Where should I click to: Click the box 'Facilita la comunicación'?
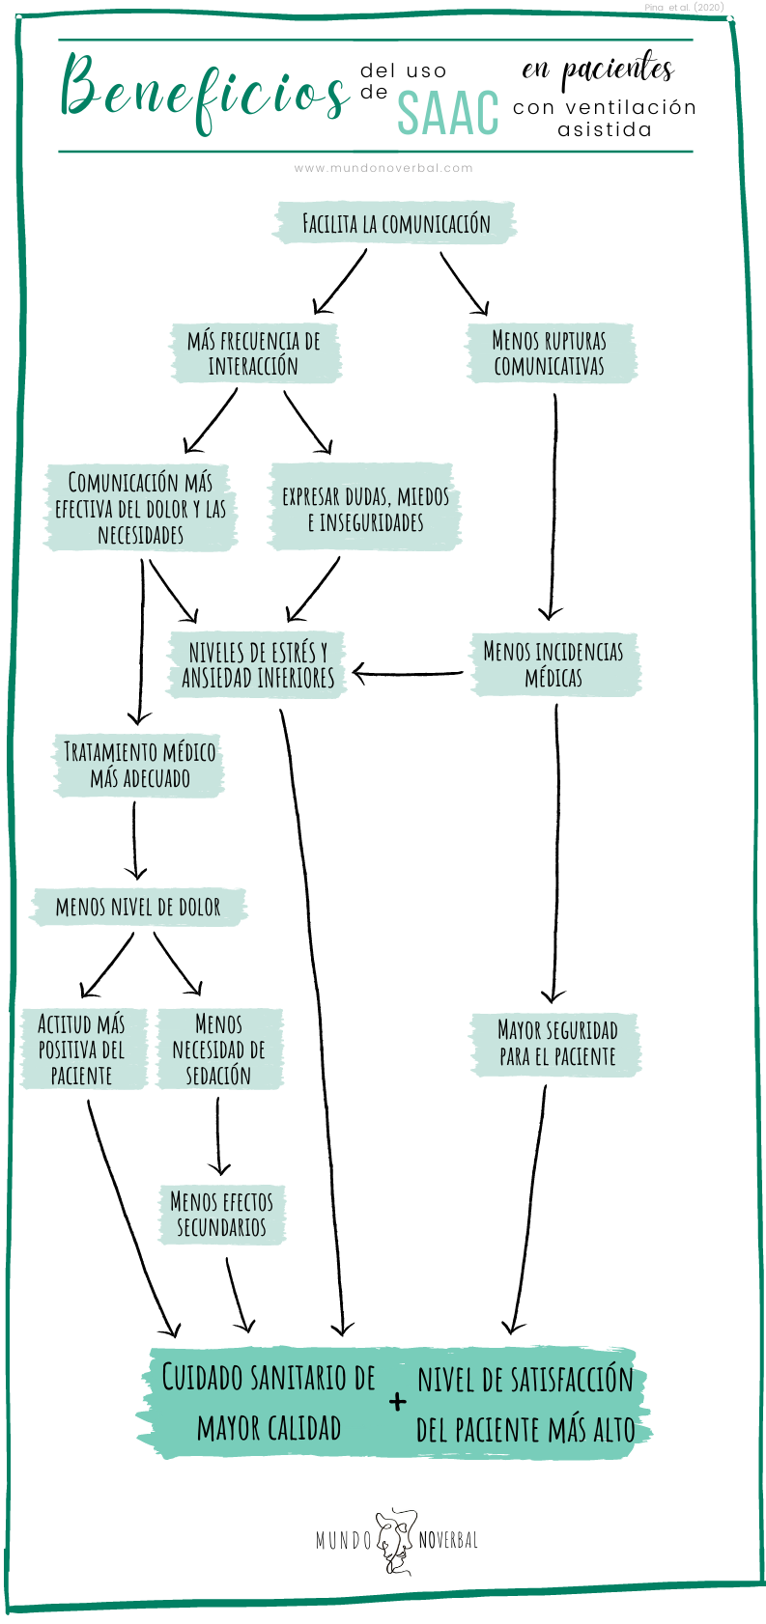(395, 224)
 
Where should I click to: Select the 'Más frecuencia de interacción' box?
(256, 353)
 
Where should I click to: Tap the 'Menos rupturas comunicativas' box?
(550, 353)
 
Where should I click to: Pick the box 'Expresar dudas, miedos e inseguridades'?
(365, 509)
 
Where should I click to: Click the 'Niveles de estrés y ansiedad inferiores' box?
(258, 664)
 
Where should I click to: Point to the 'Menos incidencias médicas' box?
(554, 664)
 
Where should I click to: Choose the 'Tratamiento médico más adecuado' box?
(139, 765)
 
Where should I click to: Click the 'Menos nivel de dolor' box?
(138, 907)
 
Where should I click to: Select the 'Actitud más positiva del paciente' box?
(82, 1050)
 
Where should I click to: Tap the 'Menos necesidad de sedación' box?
(219, 1050)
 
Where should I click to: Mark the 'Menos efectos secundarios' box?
(222, 1215)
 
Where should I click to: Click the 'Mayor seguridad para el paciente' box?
(556, 1043)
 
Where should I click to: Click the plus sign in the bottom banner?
(398, 1402)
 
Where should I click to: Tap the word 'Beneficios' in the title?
(203, 92)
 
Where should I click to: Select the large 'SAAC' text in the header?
(447, 113)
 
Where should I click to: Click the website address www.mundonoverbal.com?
(383, 168)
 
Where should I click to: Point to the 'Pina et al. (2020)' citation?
(684, 8)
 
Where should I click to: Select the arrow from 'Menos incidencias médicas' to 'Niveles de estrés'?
(408, 673)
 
